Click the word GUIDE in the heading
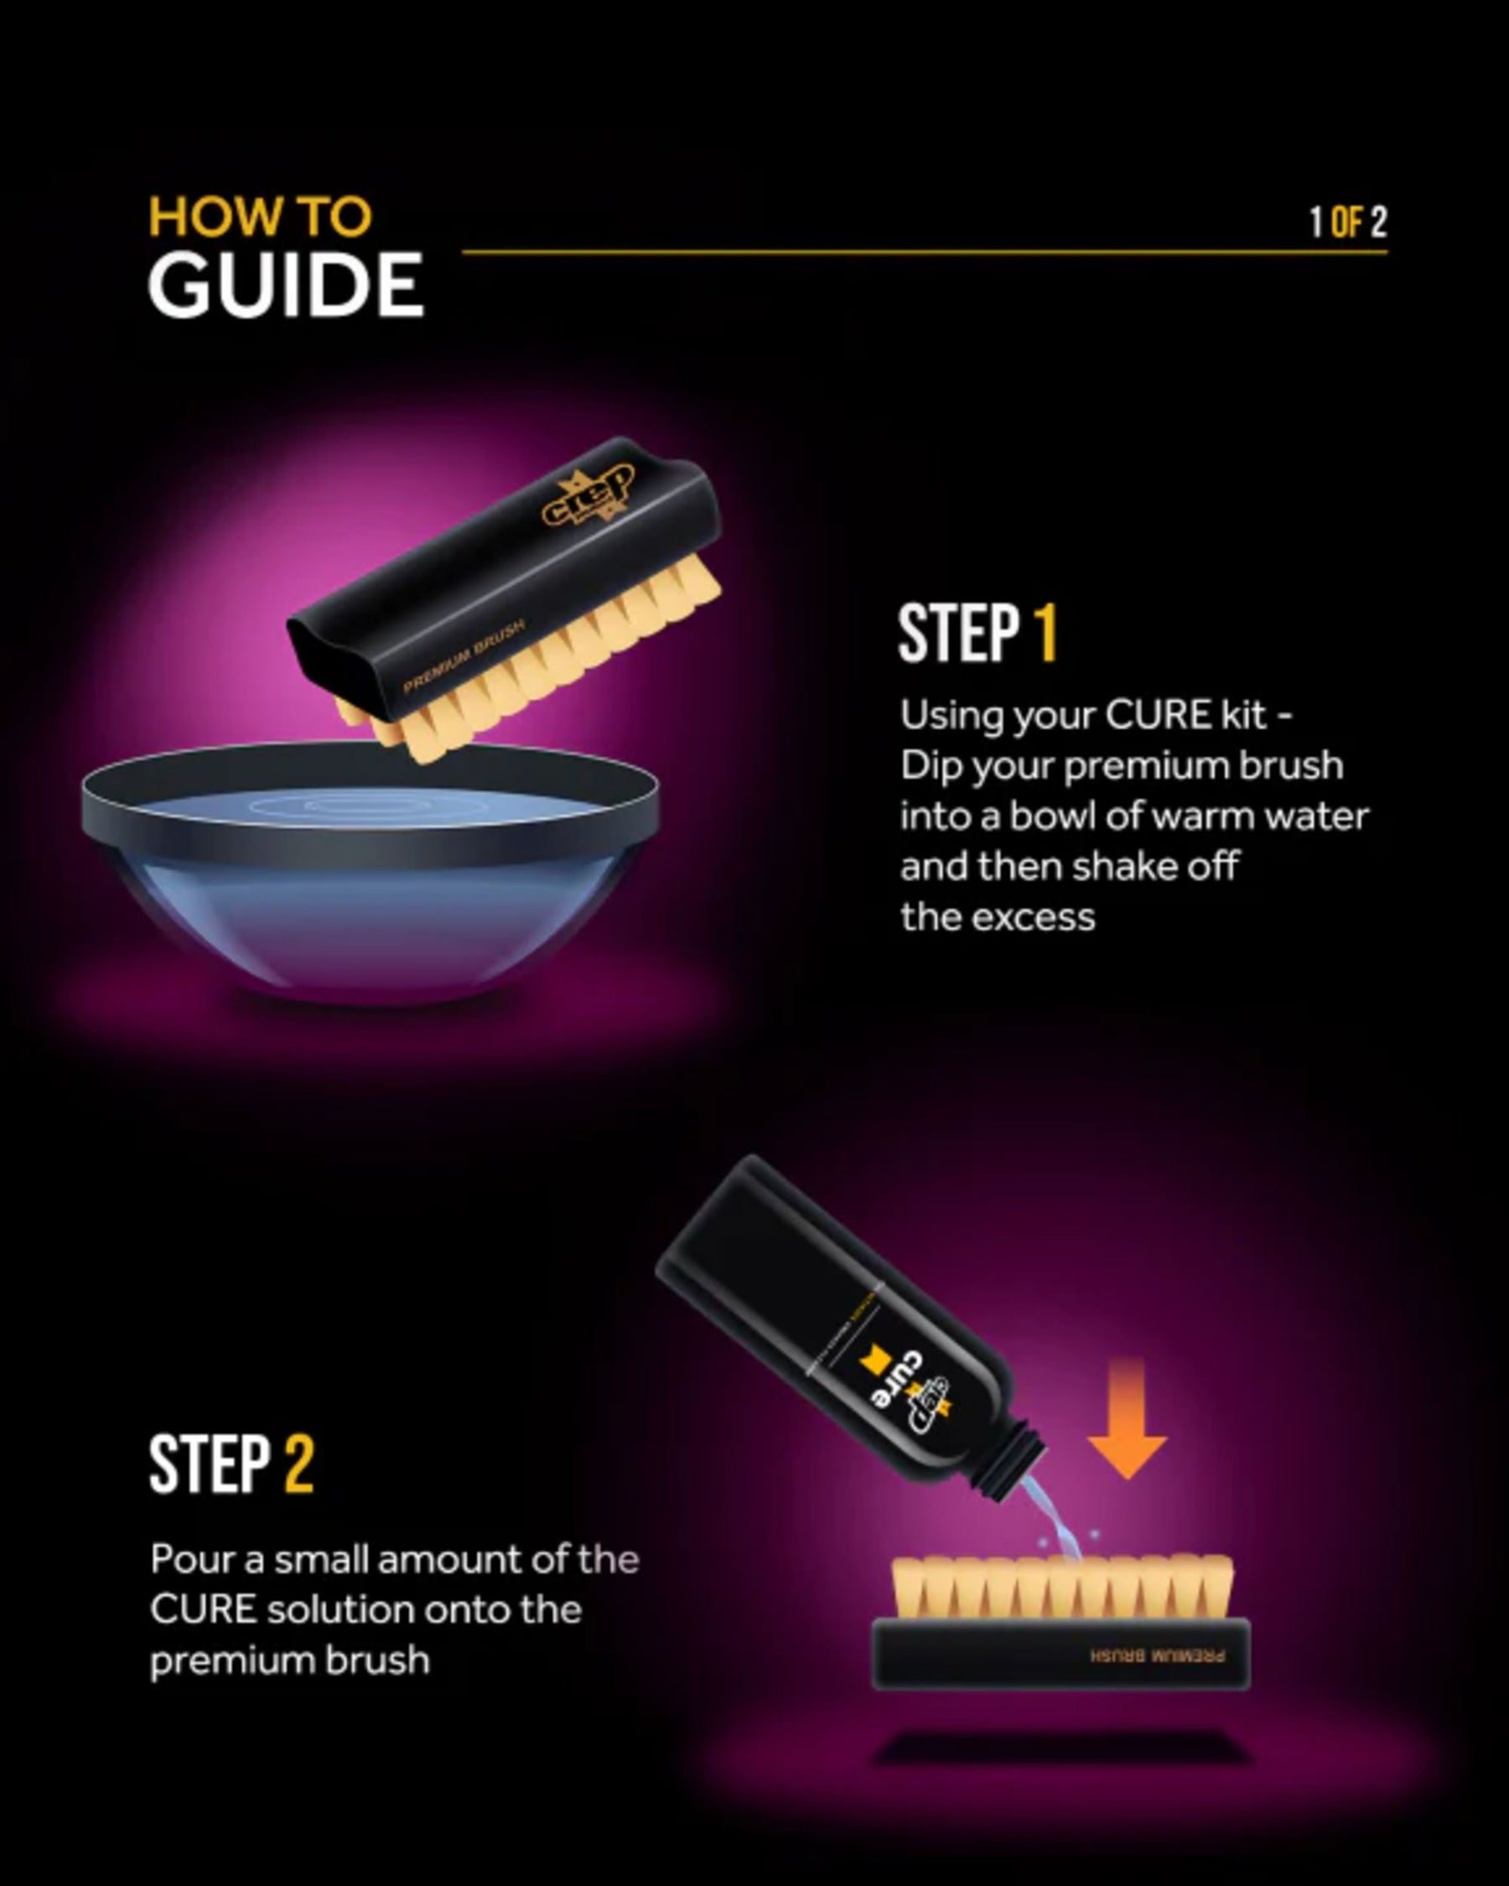(285, 285)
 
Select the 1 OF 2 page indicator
(1347, 222)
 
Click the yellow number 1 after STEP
(1046, 633)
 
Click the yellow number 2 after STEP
(298, 1464)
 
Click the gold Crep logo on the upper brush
(589, 496)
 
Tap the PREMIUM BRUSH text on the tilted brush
(464, 656)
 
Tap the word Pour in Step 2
(185, 1559)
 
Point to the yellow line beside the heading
(874, 252)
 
